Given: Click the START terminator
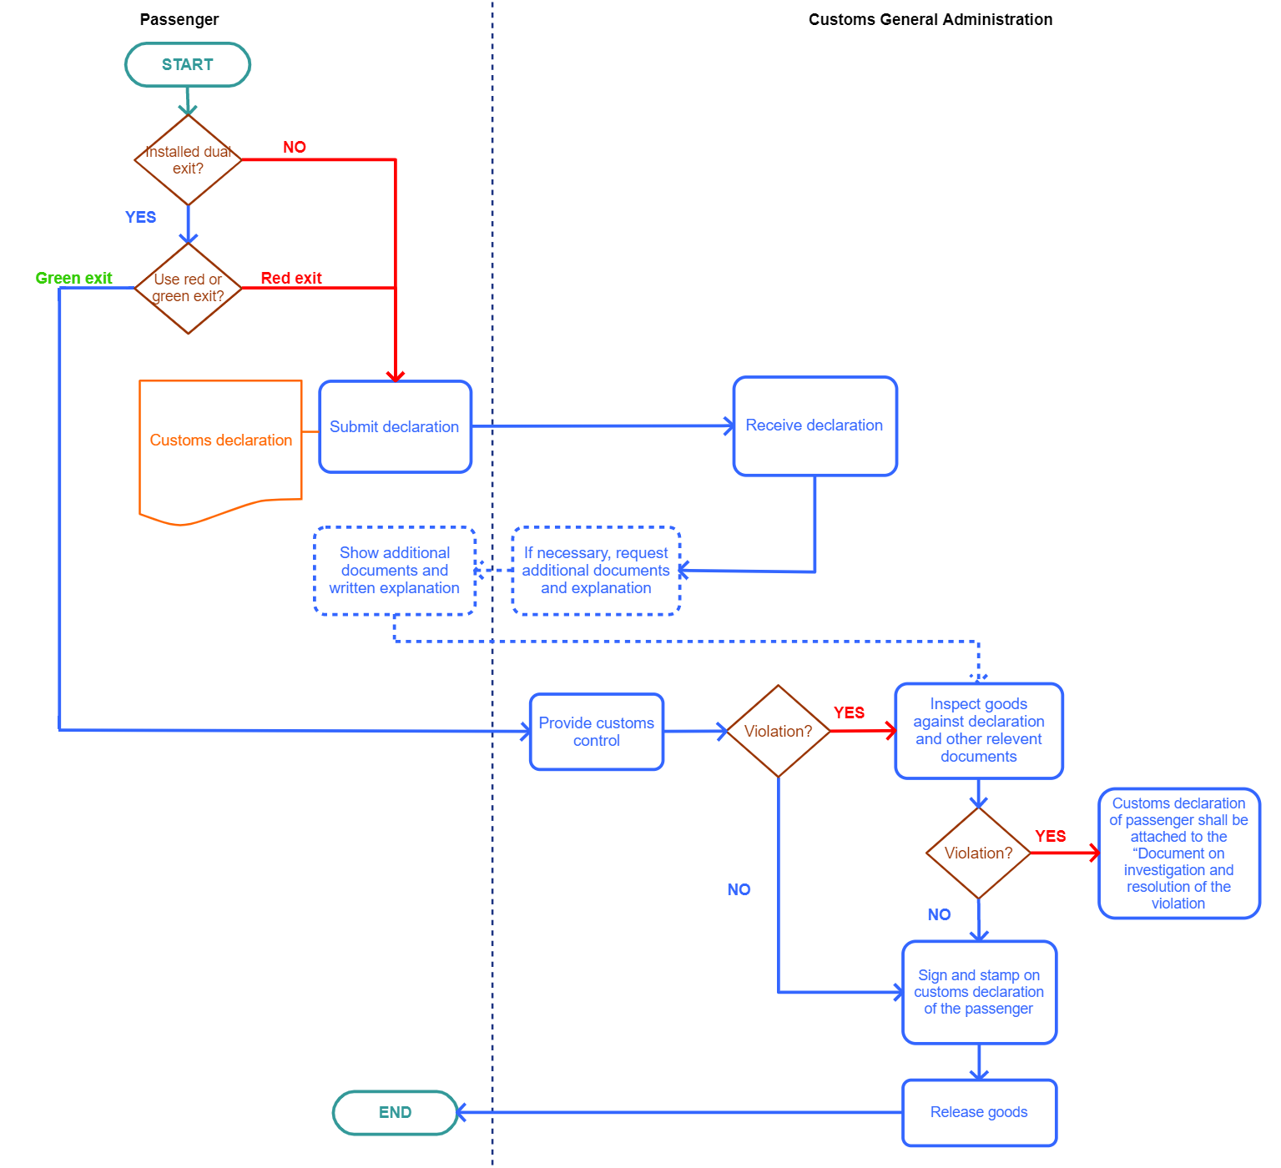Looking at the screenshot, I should [188, 64].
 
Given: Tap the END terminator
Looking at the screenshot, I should [395, 1112].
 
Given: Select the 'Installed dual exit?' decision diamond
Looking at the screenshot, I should [189, 159].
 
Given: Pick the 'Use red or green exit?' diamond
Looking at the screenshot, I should [189, 288].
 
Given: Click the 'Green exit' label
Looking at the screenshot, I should [73, 278].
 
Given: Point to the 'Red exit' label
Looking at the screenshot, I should [290, 278].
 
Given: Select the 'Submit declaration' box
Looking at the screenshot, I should [395, 426].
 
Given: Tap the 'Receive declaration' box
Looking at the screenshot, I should [814, 425].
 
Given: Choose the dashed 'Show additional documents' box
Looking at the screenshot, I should [395, 571].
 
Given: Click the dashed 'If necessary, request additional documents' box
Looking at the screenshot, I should [596, 571].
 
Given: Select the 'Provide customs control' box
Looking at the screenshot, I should [597, 732].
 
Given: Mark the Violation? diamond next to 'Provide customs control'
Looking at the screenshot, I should [778, 731].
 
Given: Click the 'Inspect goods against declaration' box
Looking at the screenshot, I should [979, 730].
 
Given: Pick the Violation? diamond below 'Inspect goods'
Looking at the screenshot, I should [978, 853].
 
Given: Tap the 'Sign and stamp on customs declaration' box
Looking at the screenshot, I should [979, 992].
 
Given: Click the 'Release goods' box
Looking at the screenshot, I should [979, 1112].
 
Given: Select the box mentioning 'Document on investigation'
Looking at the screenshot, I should [1178, 853].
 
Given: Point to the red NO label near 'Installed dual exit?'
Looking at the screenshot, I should [295, 147].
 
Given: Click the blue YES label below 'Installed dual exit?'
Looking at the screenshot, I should [140, 217].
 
